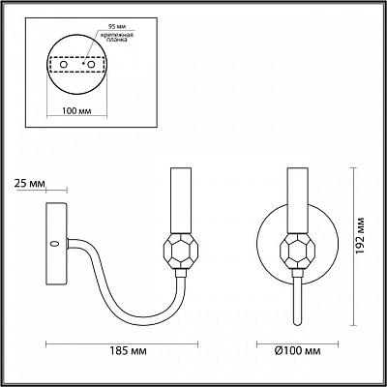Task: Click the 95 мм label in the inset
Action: tap(112, 26)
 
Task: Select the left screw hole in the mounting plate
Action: tap(64, 65)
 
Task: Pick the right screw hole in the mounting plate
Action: tap(91, 65)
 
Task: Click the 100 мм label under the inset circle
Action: tap(76, 111)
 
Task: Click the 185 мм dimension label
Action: tap(128, 350)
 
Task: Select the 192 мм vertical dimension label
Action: tap(360, 236)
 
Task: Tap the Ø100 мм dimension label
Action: tap(298, 350)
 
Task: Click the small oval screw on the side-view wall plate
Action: tap(55, 244)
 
